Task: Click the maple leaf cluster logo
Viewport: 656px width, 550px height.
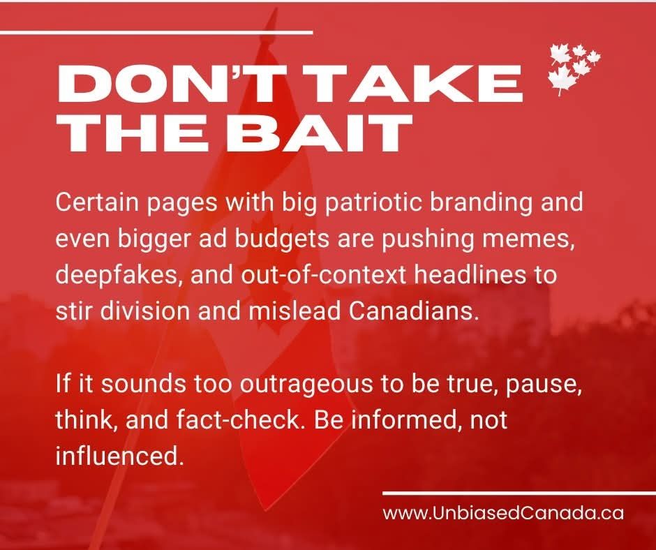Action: click(x=574, y=69)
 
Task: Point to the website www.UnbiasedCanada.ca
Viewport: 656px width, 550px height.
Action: click(x=503, y=513)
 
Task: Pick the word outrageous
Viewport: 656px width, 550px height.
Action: click(x=306, y=385)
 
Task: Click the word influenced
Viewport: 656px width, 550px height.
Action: click(x=119, y=456)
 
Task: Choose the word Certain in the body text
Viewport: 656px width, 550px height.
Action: click(x=96, y=202)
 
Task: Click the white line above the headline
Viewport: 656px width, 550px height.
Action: click(x=156, y=32)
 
